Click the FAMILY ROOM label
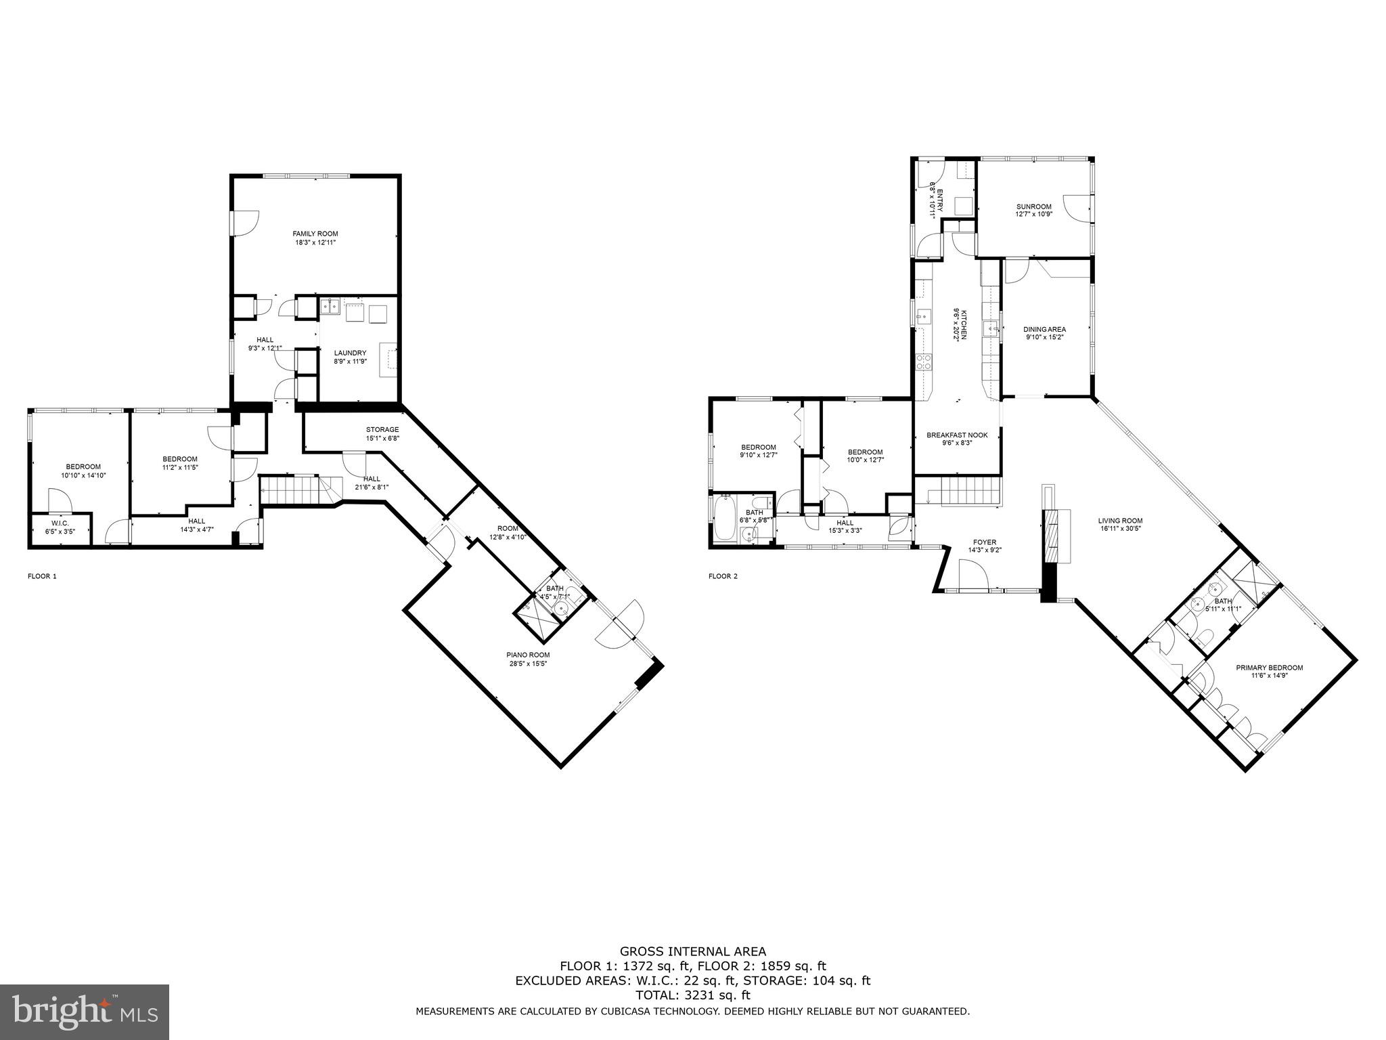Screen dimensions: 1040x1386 [x=315, y=234]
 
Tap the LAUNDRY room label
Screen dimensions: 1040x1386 [x=350, y=353]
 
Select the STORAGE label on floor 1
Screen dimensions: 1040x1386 [x=382, y=429]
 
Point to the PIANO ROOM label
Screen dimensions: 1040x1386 [x=528, y=655]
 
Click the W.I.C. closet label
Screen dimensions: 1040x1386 [x=60, y=523]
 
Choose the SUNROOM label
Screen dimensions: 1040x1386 [x=1033, y=207]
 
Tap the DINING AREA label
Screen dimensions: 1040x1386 [x=1044, y=330]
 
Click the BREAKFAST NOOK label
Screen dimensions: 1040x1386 [x=957, y=435]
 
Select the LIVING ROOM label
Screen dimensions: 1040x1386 [x=1120, y=521]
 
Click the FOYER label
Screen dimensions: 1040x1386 [x=984, y=542]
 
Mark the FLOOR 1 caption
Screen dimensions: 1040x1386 [x=42, y=576]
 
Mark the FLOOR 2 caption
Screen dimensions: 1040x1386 [x=723, y=576]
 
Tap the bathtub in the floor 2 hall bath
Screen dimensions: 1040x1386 [x=723, y=517]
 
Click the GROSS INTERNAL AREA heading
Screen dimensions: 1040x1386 [x=692, y=951]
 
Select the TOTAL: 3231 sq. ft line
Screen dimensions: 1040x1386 [x=692, y=995]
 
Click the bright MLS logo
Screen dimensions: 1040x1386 [x=85, y=1012]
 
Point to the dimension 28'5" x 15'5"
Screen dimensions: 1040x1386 [x=528, y=664]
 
